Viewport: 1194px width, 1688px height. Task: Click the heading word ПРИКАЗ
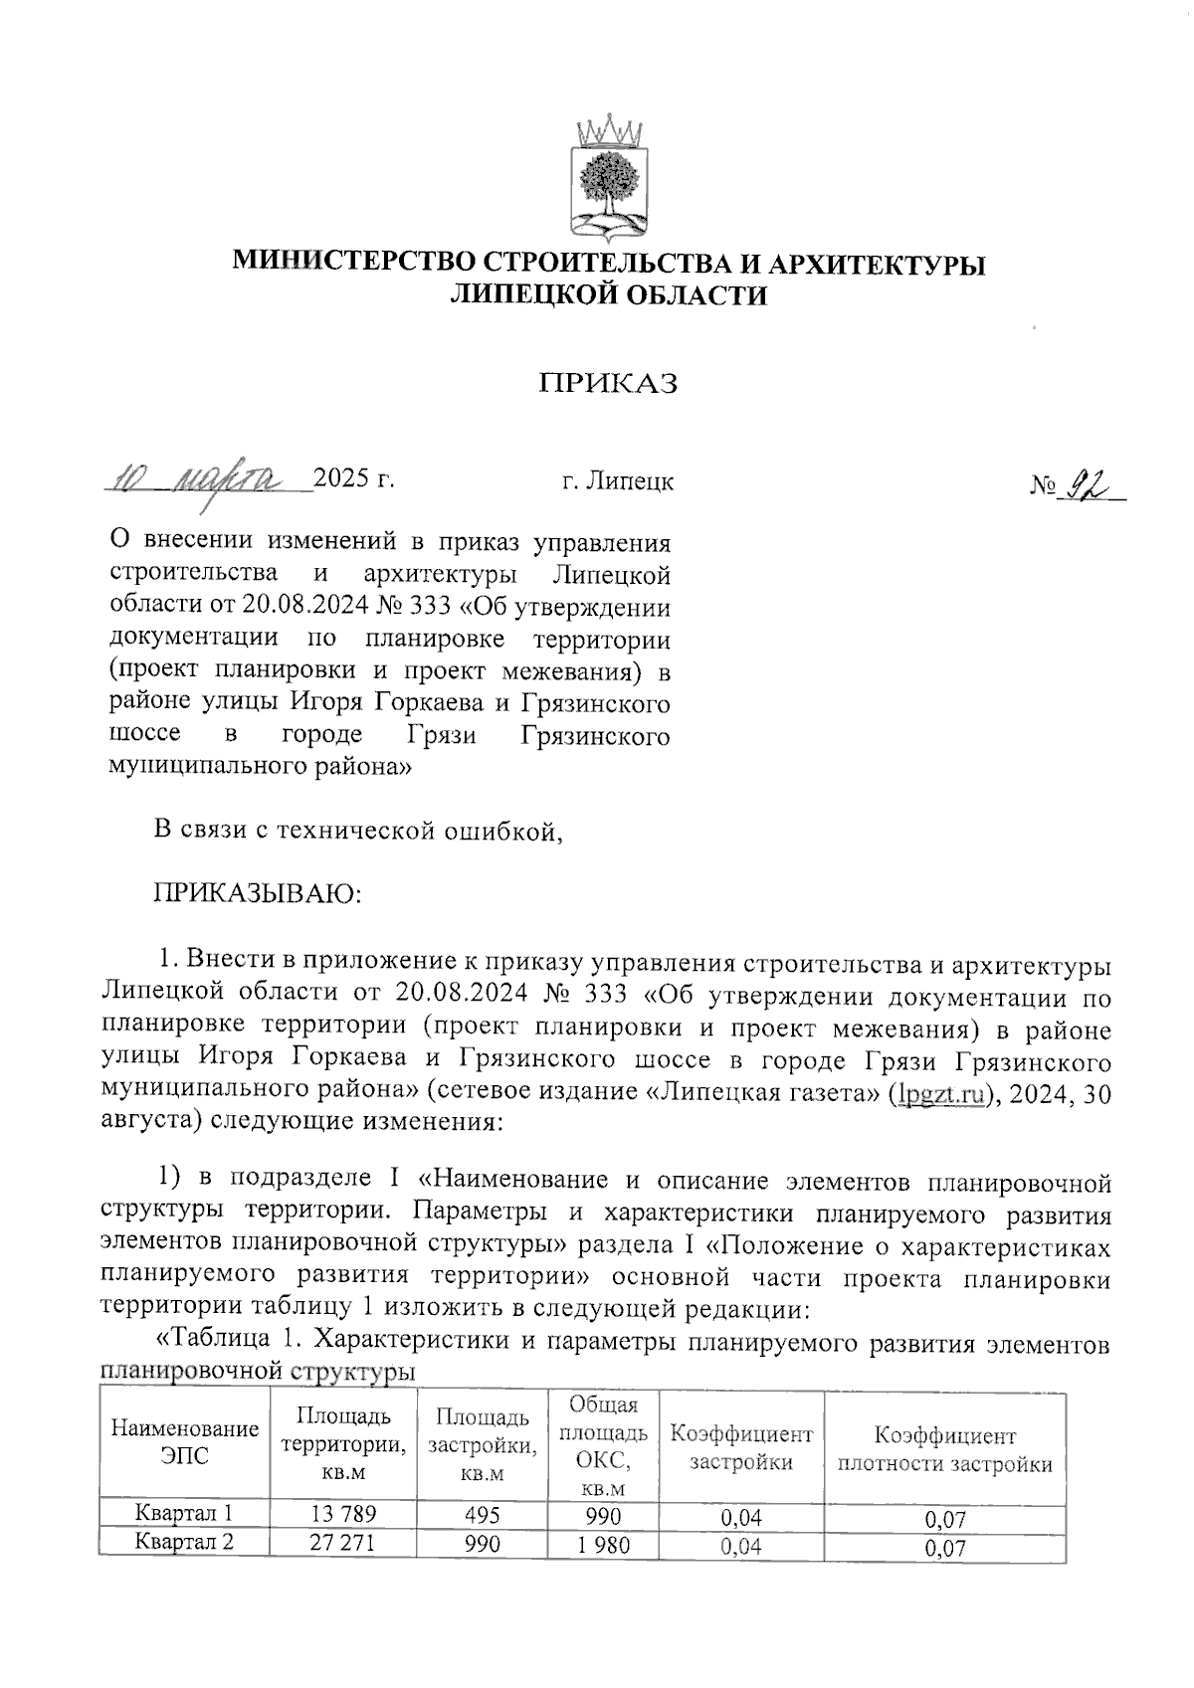[608, 384]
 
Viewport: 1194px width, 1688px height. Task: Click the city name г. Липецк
[617, 481]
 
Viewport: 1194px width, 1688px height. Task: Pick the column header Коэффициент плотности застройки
[944, 1449]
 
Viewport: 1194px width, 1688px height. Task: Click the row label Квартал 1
[185, 1515]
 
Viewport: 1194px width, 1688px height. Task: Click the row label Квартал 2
[185, 1544]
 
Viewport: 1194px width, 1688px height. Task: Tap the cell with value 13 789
[344, 1515]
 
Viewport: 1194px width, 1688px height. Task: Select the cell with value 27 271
[344, 1544]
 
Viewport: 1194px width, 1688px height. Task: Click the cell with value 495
[482, 1515]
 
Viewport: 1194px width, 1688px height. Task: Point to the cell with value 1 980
[602, 1545]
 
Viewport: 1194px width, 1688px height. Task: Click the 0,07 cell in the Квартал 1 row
[944, 1519]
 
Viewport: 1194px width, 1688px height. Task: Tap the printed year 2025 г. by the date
[354, 479]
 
